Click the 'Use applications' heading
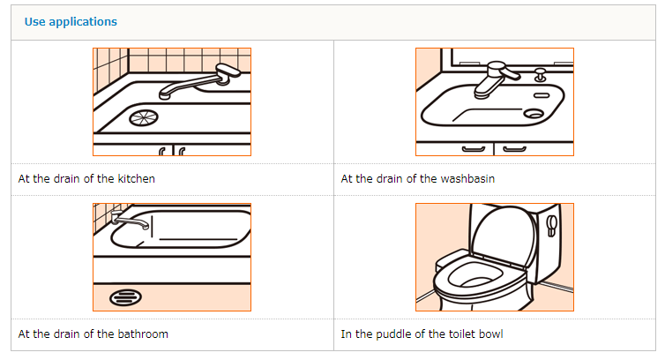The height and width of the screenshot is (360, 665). click(71, 22)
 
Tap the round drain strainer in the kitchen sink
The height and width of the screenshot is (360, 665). click(144, 117)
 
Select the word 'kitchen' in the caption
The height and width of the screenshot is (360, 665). click(136, 179)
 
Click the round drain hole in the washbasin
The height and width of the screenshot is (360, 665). click(534, 113)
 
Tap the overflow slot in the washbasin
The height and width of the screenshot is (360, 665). click(542, 95)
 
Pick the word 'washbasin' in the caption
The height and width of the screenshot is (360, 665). click(467, 179)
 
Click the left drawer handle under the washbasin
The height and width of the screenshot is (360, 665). click(474, 149)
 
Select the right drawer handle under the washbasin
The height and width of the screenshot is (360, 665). click(514, 149)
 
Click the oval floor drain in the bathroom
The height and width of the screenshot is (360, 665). click(125, 297)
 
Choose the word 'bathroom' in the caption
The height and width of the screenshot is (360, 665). click(143, 334)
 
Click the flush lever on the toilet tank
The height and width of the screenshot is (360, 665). click(552, 225)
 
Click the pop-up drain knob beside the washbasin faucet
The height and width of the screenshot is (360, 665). click(540, 75)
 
